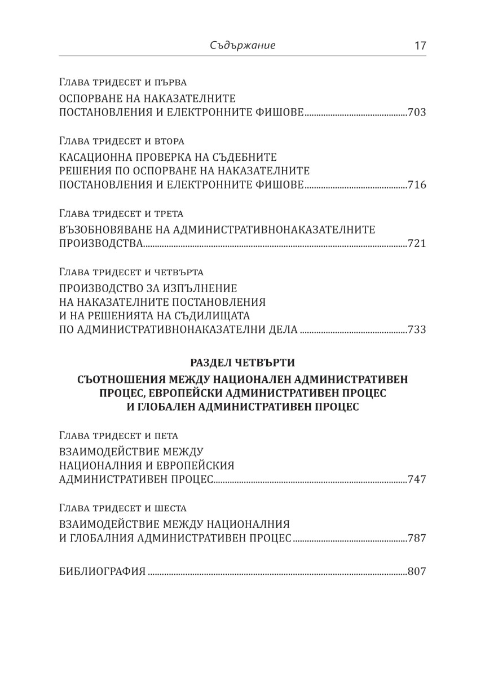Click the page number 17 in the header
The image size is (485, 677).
420,46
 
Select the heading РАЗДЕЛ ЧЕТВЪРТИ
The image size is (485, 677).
242,362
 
